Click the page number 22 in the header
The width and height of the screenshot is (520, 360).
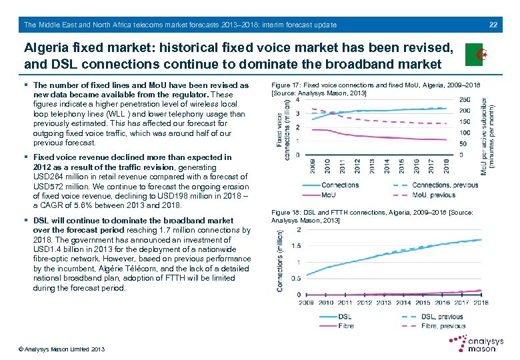click(493, 25)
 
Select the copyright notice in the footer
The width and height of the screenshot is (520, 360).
click(61, 349)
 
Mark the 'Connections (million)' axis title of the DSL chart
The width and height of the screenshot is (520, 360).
click(281, 262)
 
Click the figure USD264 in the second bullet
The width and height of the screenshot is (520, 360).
click(47, 177)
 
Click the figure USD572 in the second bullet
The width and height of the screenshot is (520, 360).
click(47, 187)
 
